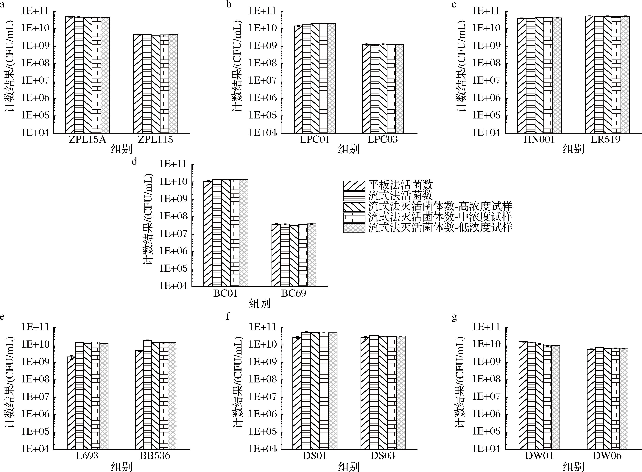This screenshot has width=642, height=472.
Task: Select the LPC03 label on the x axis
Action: click(x=382, y=140)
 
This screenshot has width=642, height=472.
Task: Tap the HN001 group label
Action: click(x=539, y=140)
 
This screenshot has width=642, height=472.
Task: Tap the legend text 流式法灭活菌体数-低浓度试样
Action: click(x=440, y=227)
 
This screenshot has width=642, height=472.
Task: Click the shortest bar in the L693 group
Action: click(x=71, y=403)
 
